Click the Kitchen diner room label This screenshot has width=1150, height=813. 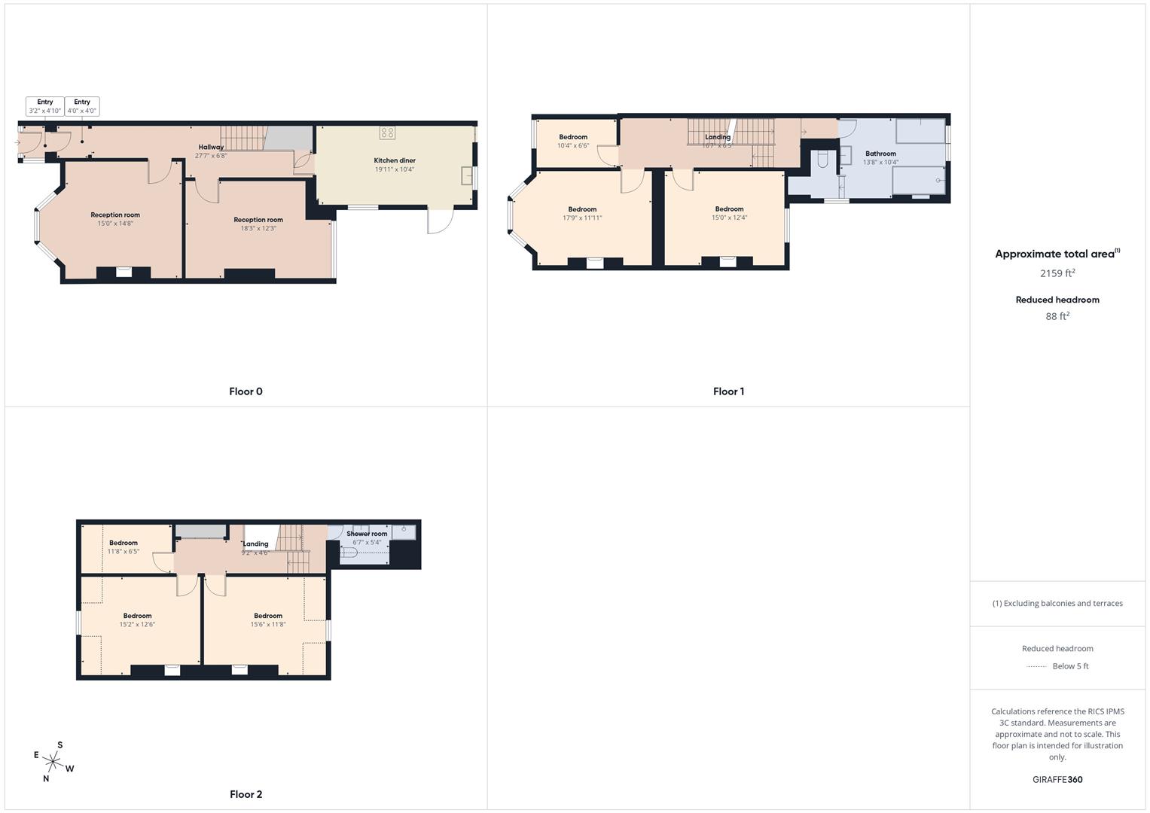click(395, 160)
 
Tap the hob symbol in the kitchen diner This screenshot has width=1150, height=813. click(387, 132)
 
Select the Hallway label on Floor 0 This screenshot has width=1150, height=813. click(211, 147)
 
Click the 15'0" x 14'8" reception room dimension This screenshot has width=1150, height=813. click(115, 224)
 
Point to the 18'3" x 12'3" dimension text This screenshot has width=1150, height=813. click(258, 229)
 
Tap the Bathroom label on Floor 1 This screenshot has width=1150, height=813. click(880, 154)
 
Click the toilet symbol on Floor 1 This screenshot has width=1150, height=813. click(823, 159)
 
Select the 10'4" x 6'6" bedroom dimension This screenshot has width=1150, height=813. click(573, 146)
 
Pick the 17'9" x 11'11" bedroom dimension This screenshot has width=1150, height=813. click(582, 218)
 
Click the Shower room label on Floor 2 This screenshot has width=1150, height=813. click(367, 534)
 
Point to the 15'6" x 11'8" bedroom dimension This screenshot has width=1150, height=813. click(268, 625)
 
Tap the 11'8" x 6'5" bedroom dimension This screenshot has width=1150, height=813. click(124, 552)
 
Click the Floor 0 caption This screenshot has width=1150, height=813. click(246, 391)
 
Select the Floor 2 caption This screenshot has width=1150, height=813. click(246, 794)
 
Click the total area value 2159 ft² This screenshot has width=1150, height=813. click(1057, 273)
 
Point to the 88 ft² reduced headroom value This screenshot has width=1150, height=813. click(1057, 316)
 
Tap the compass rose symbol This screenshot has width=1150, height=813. click(53, 762)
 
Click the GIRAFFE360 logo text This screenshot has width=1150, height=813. click(1057, 780)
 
